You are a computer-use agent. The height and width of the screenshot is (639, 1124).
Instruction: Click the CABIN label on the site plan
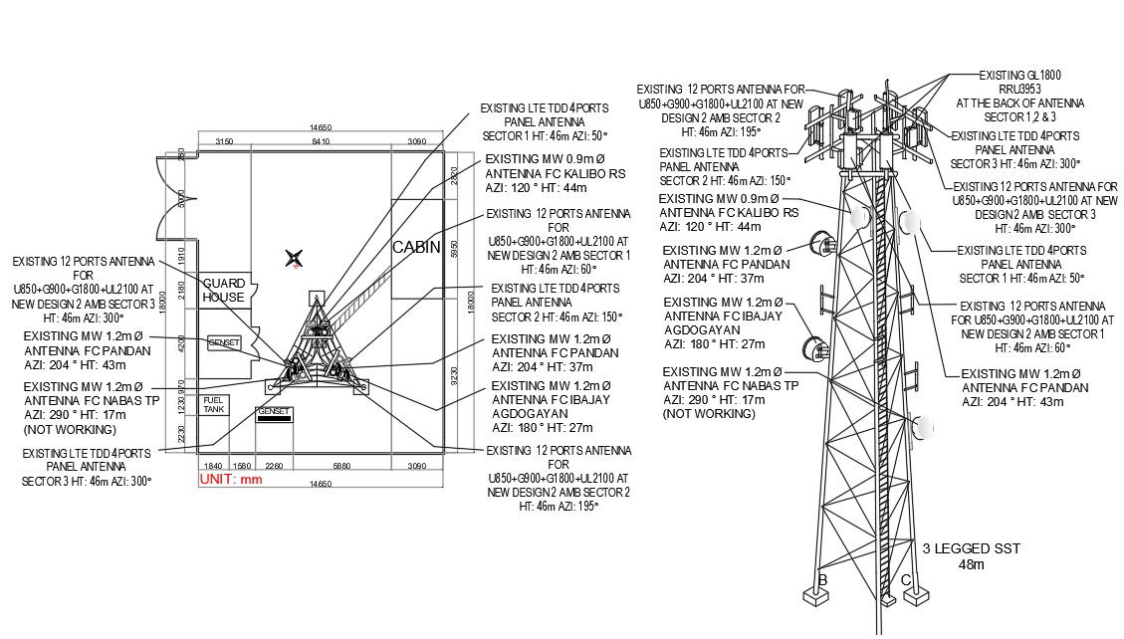(415, 247)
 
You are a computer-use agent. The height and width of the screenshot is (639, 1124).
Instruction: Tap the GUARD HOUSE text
(224, 291)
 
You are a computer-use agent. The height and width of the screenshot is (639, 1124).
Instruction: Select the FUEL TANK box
(214, 406)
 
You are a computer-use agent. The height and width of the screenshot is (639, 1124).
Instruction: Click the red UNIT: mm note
(230, 479)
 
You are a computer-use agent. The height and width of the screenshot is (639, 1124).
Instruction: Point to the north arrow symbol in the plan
(293, 260)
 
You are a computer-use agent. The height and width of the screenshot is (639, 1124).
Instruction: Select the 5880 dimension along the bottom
(340, 466)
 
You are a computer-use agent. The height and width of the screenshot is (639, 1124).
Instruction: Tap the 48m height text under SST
(970, 564)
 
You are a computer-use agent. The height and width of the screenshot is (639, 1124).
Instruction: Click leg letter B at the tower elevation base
(822, 580)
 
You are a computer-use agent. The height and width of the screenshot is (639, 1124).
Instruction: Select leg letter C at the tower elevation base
(905, 580)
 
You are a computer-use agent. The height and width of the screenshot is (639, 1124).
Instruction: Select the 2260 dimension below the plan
(275, 466)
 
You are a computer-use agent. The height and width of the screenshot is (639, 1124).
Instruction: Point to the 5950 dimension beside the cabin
(454, 249)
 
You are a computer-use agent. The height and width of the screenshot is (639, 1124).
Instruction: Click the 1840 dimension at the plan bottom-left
(212, 466)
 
